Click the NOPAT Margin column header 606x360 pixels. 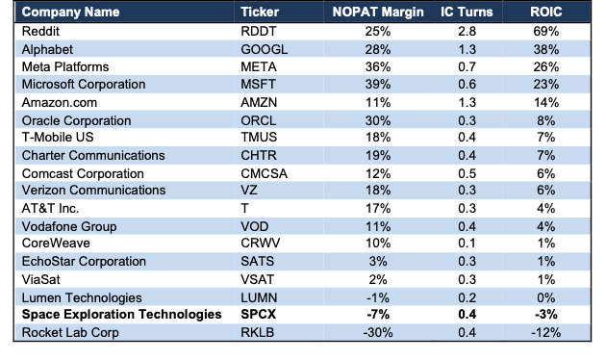pos(378,12)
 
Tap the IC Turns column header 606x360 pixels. pos(467,12)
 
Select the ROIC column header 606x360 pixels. pos(545,12)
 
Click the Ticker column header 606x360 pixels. pos(260,12)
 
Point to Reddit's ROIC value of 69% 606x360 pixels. pos(545,32)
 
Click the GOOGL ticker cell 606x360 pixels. pos(264,49)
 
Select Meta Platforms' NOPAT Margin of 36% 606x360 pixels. pos(378,66)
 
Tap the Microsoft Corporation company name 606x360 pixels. pos(84,85)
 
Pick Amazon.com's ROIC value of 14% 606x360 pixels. pos(545,102)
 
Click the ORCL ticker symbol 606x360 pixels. pos(258,120)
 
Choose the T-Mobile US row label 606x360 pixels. pos(58,138)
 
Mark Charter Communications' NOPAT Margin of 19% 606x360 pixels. pos(378,155)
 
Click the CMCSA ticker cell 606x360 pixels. pos(264,173)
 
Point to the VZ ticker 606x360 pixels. pos(249,191)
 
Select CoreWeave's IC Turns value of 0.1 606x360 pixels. pos(467,244)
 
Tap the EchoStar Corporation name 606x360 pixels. pos(84,262)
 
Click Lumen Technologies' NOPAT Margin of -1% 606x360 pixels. pos(378,297)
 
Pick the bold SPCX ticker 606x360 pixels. pos(258,314)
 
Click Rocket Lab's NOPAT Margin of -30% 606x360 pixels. pos(378,332)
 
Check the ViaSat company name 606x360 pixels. pos(41,279)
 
